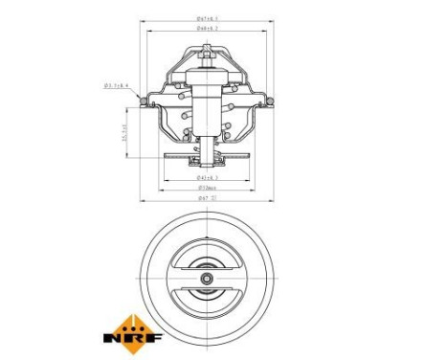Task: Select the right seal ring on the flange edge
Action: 267,101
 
